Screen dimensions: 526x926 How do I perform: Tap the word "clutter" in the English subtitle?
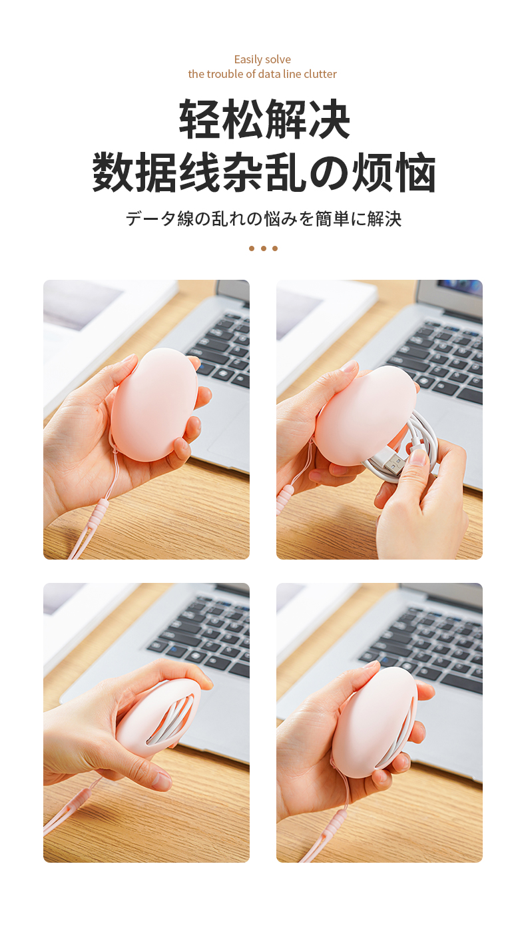coord(320,74)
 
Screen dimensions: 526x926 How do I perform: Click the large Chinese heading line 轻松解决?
coord(264,119)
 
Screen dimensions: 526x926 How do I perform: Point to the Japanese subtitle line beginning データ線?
coord(263,219)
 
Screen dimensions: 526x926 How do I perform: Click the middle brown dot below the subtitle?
coord(263,248)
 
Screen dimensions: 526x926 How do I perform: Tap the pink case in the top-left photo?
coord(153,404)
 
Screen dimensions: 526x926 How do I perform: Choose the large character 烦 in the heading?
coord(372,173)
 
